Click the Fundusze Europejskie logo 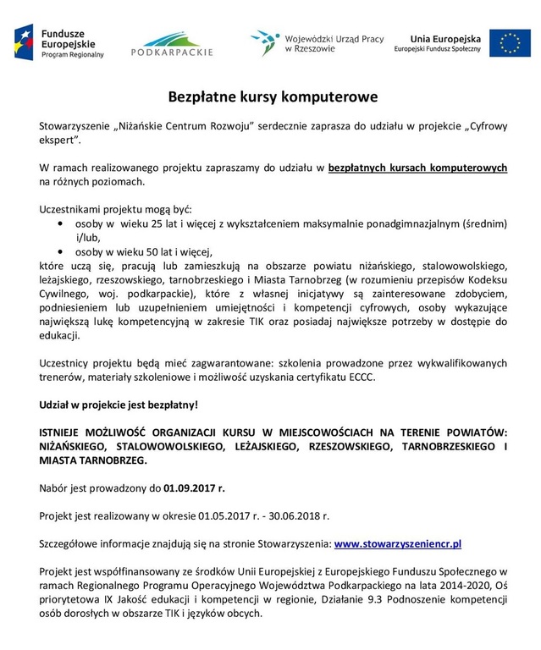coord(59,41)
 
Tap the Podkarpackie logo coord(172,42)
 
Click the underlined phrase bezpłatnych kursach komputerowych coord(417,167)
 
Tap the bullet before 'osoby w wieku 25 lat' coord(59,223)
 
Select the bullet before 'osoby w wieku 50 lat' coord(59,251)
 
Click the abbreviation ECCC coord(356,377)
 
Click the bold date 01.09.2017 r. coord(195,487)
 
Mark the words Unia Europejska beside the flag coord(444,37)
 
